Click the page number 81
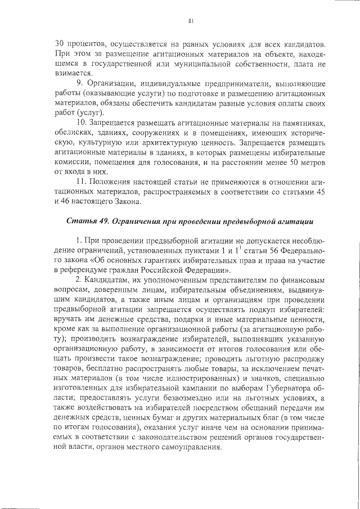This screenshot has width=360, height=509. [191, 22]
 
